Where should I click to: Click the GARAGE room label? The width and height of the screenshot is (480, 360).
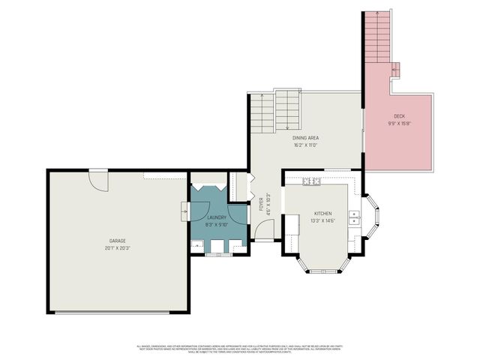point(118,241)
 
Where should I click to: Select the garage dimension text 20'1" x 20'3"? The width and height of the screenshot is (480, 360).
point(118,248)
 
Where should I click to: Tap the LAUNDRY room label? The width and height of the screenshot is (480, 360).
point(217,217)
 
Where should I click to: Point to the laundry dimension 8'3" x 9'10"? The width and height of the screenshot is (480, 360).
point(217,225)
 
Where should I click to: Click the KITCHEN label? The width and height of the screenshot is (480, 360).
point(322,213)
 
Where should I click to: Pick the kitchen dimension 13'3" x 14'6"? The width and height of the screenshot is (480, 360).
point(322,220)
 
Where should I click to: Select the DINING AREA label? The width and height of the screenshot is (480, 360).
point(305,138)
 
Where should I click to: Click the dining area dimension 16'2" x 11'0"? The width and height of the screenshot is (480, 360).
point(305,145)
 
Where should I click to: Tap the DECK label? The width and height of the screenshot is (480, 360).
point(399,115)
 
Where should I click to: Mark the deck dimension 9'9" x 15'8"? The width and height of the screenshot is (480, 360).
point(399,123)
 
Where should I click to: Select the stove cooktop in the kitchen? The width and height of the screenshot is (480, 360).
point(311,181)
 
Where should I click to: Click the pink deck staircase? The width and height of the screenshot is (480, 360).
point(378,41)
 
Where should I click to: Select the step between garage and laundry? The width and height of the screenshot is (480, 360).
point(184,213)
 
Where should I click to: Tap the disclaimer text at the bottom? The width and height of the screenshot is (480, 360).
point(240,349)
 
